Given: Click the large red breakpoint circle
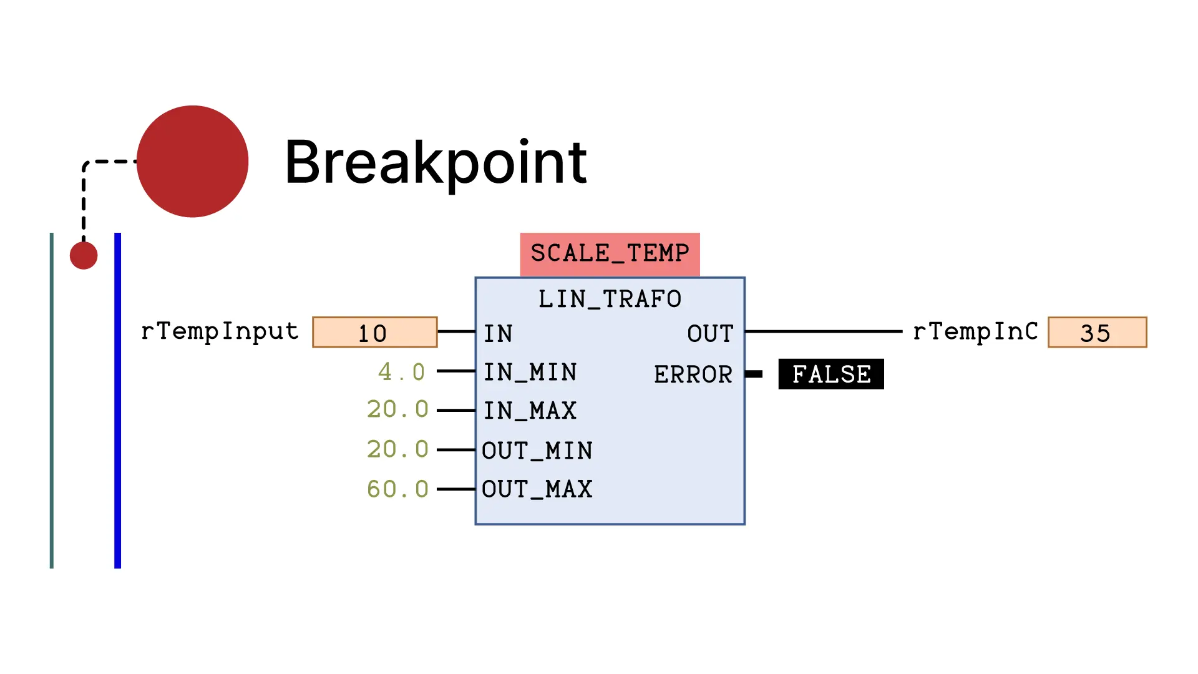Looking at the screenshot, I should click(x=192, y=162).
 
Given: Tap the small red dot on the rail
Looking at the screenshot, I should click(x=84, y=255).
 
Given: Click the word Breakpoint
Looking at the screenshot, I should click(x=436, y=162).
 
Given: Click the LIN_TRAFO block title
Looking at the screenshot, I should click(x=610, y=299).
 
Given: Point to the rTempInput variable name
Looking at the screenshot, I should click(x=220, y=331).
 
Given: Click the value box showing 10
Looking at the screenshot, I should click(x=374, y=333).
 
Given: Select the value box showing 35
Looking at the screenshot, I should click(x=1097, y=333).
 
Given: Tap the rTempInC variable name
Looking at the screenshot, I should click(x=975, y=331).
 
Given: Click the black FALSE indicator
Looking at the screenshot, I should click(x=831, y=374).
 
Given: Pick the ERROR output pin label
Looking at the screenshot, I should click(x=693, y=374).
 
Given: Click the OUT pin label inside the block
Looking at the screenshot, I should click(x=710, y=334).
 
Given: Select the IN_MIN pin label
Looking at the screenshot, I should click(x=530, y=373).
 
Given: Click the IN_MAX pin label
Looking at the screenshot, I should click(x=530, y=411).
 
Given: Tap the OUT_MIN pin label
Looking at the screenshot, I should click(x=537, y=451).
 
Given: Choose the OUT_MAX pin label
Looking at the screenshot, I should click(x=537, y=489).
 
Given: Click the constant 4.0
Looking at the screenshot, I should click(x=402, y=373).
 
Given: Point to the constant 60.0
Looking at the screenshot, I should click(x=398, y=489).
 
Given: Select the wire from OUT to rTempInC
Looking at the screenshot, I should click(x=824, y=331).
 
